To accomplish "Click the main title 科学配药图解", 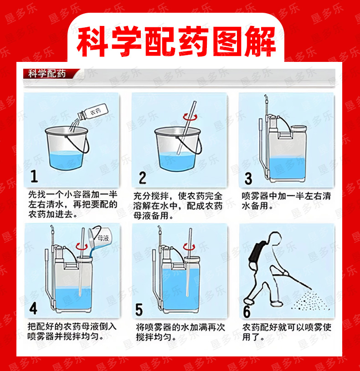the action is [176, 41].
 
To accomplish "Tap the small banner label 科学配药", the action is [47, 74].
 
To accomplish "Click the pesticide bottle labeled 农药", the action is [93, 112].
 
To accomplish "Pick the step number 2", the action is [142, 178].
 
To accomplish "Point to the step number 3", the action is [248, 178].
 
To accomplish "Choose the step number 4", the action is [33, 309].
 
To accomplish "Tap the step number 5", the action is [139, 309].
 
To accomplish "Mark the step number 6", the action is [247, 312].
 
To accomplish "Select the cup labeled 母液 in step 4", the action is [98, 238].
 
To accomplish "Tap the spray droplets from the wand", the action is [310, 300].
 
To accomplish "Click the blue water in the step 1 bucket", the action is [66, 160].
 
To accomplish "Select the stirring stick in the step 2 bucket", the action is [187, 128].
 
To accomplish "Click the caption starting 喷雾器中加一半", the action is [286, 201].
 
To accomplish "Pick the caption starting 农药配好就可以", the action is [287, 332].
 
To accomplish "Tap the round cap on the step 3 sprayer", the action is [298, 129].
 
